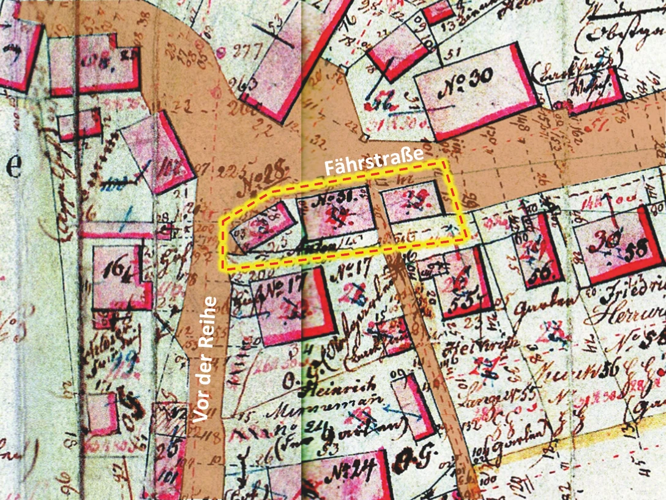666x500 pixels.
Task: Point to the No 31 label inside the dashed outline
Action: pyautogui.click(x=332, y=197)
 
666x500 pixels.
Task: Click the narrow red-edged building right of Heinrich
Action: pyautogui.click(x=413, y=406)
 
